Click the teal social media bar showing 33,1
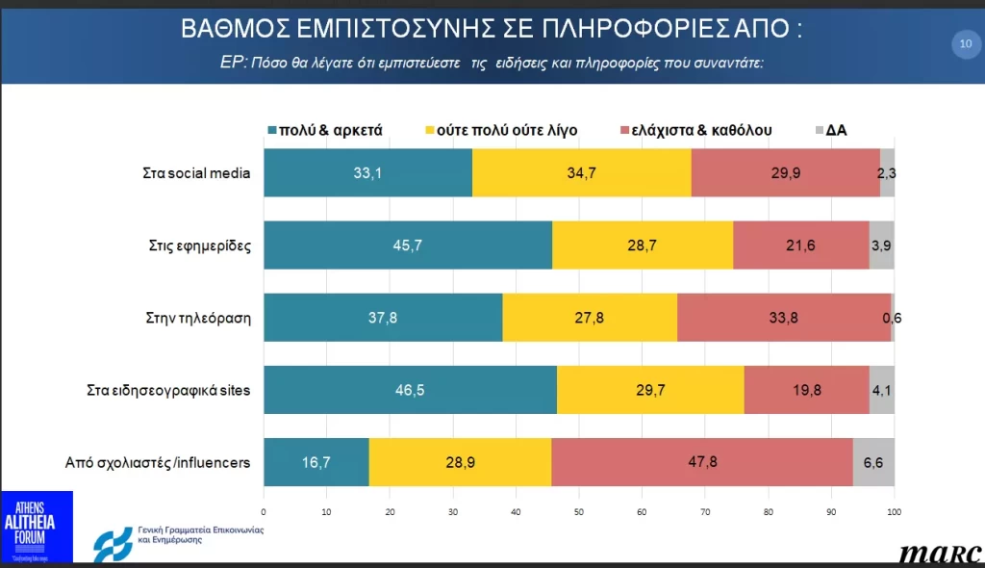tap(367, 174)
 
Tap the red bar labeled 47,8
tap(702, 462)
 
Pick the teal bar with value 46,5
tap(410, 390)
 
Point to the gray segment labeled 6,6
tap(874, 462)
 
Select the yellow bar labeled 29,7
tap(650, 390)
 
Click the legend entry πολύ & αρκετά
tap(325, 130)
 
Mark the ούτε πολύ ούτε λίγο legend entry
tap(500, 130)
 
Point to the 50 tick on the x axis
tap(579, 510)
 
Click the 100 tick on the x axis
tap(894, 510)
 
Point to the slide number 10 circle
tap(964, 42)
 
